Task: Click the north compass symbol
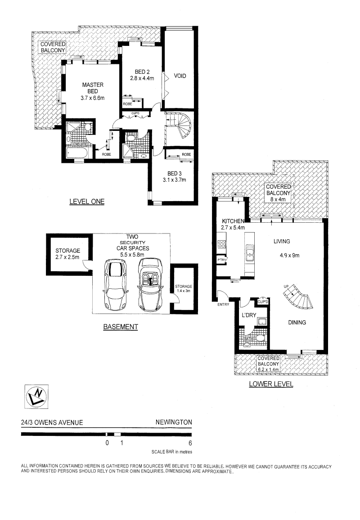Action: (x=36, y=397)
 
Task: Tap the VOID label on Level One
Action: (x=180, y=76)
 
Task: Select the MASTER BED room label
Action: (x=93, y=88)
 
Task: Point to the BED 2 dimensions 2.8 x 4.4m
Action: (x=142, y=78)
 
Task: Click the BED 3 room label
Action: (x=175, y=174)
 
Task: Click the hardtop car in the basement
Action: (x=116, y=285)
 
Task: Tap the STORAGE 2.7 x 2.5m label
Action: (x=67, y=254)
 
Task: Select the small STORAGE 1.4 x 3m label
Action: (x=184, y=288)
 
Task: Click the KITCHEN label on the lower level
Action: (x=233, y=221)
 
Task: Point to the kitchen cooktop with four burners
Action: (x=221, y=244)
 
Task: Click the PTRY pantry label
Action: (x=221, y=260)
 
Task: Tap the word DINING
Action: (x=297, y=323)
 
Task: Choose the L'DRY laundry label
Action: (x=249, y=315)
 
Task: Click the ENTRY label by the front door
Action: (x=223, y=305)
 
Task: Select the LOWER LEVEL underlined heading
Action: (x=271, y=384)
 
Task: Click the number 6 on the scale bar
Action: (x=190, y=443)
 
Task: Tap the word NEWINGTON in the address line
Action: (x=174, y=422)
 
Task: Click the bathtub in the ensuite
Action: (x=76, y=153)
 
